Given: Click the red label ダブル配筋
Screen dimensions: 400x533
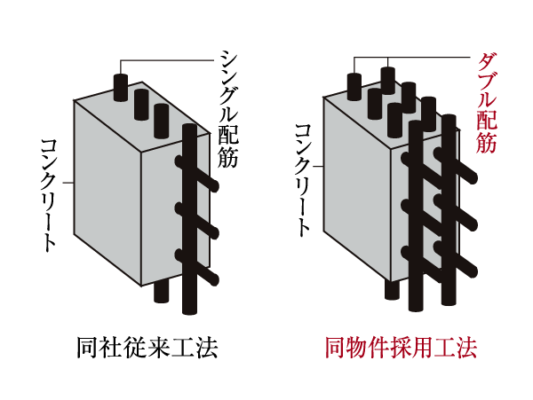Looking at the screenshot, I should point(485,102).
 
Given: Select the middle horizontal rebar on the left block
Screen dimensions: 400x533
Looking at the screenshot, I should point(202,221).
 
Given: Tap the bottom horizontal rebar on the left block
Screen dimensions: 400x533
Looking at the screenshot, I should point(202,268).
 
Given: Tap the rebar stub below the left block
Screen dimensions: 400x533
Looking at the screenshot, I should point(160,292).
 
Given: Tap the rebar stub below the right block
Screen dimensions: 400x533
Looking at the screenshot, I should point(392,289).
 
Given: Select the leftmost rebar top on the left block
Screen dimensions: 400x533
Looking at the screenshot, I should point(122,86).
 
